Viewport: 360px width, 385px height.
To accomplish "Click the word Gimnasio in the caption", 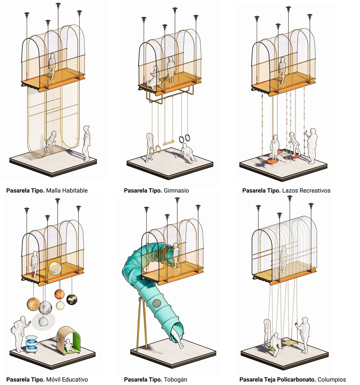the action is (176, 191).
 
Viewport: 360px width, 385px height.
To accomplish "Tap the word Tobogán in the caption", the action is (175, 379).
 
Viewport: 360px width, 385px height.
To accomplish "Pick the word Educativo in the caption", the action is (75, 379).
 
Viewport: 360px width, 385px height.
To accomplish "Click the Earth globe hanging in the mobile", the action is (72, 300).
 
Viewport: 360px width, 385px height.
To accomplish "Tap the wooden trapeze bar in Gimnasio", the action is (169, 143).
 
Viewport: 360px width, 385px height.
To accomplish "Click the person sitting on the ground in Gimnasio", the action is (188, 154).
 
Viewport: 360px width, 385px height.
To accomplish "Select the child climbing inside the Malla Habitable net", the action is (50, 142).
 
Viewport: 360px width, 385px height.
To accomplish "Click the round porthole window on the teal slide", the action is (156, 303).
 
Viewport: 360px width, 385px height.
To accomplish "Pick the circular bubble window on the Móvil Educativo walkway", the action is (54, 268).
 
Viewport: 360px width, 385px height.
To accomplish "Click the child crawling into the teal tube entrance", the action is (176, 255).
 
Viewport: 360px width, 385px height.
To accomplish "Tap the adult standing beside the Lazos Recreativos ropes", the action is (311, 146).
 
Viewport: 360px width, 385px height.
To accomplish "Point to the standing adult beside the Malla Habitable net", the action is (86, 143).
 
